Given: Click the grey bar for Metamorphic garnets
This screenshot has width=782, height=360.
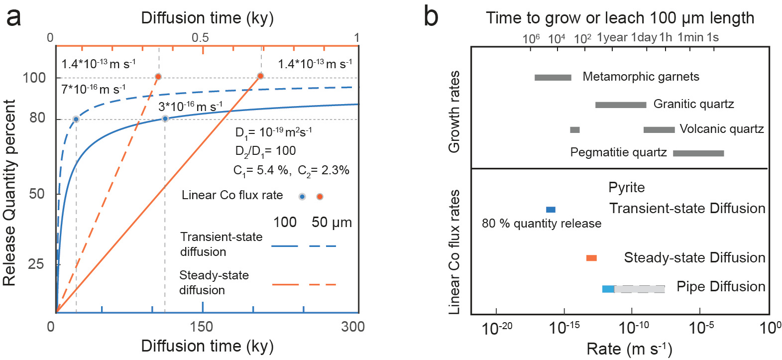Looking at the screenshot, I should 553,77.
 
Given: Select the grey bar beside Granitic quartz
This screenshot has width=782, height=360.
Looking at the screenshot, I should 620,105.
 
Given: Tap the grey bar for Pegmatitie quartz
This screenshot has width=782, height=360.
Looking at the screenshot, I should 698,153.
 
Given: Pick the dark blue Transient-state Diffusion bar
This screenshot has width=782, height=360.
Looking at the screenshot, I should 551,210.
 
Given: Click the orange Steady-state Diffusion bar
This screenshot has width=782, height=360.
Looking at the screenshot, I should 591,258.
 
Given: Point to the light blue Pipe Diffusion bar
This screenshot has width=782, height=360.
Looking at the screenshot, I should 608,289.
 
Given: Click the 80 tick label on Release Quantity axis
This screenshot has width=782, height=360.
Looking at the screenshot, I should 37,118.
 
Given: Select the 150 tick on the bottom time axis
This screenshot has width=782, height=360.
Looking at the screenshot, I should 202,327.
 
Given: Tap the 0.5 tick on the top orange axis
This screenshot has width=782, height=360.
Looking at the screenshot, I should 200,38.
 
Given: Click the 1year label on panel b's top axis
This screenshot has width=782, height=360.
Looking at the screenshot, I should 612,37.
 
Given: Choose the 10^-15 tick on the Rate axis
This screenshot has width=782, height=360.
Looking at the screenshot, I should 564,328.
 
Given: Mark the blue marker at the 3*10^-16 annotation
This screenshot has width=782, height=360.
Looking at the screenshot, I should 165,119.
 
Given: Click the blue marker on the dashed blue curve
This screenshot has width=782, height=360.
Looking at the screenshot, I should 76,119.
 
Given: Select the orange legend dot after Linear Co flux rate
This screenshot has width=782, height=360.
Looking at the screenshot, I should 320,196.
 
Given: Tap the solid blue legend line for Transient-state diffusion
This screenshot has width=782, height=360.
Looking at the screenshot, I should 285,246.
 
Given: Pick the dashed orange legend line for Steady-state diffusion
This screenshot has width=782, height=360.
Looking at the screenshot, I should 323,285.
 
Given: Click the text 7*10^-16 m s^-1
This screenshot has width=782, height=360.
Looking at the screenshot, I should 93,90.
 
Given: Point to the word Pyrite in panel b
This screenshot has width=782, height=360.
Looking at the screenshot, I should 626,188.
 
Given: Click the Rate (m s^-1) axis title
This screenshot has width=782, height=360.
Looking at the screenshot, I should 629,349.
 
